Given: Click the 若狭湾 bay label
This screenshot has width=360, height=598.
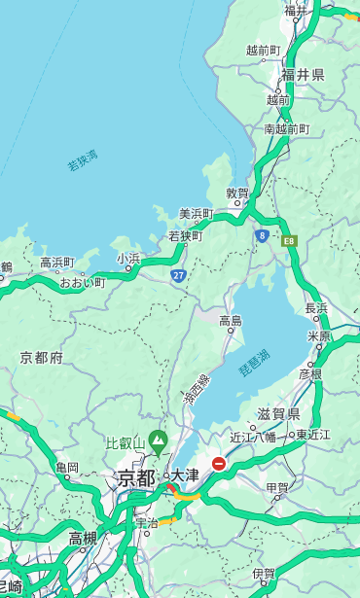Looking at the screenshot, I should pyautogui.click(x=83, y=160).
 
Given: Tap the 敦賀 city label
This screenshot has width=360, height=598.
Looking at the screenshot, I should pyautogui.click(x=237, y=193).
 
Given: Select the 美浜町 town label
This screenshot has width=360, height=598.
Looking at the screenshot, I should pyautogui.click(x=196, y=214).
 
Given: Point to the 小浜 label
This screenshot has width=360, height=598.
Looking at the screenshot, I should pyautogui.click(x=128, y=259).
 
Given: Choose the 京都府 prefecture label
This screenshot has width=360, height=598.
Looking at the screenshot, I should pyautogui.click(x=42, y=358).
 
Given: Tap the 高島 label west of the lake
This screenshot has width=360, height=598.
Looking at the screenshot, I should pyautogui.click(x=231, y=321).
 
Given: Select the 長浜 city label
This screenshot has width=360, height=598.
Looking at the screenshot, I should pyautogui.click(x=316, y=308).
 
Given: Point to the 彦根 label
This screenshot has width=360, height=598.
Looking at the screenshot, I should pyautogui.click(x=310, y=373).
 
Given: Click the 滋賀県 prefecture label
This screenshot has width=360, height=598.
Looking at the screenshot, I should pyautogui.click(x=278, y=414).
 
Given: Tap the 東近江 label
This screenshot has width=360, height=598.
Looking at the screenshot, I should pyautogui.click(x=314, y=434).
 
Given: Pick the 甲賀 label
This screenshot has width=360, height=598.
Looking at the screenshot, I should pyautogui.click(x=277, y=487).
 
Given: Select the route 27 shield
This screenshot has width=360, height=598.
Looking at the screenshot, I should pyautogui.click(x=178, y=275).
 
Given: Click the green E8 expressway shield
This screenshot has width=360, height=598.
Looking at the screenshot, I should pyautogui.click(x=289, y=240).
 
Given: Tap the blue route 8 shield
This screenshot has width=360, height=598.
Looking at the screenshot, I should pyautogui.click(x=262, y=235).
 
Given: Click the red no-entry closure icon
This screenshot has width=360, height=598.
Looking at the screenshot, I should pyautogui.click(x=219, y=464).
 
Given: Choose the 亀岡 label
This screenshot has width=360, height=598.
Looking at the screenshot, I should pyautogui.click(x=67, y=468).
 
